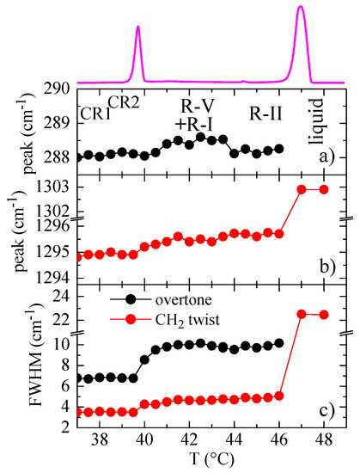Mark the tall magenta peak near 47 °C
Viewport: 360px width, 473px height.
(301, 9)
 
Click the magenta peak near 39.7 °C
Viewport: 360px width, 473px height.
(137, 28)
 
